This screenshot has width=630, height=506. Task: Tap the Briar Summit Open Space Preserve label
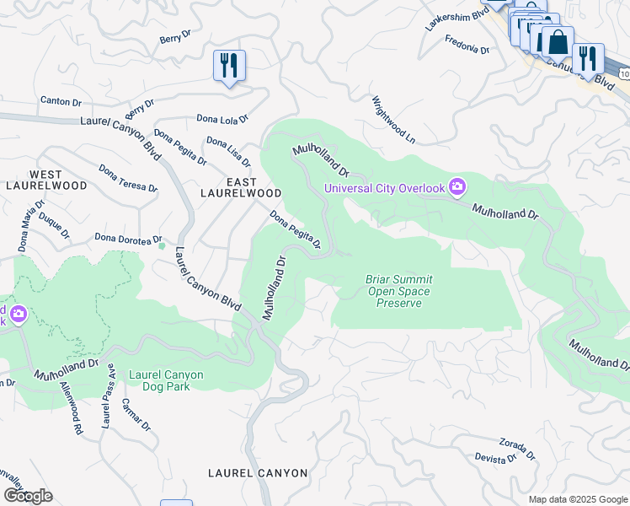click(398, 291)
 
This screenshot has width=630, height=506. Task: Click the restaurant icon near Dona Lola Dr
click(229, 66)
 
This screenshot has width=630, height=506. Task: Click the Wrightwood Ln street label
click(394, 118)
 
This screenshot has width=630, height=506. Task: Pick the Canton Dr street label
click(61, 102)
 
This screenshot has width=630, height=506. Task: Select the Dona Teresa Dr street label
click(127, 178)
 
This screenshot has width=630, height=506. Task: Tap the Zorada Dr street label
click(517, 448)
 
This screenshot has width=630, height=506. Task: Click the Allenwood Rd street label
click(71, 409)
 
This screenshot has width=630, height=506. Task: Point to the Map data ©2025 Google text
click(577, 499)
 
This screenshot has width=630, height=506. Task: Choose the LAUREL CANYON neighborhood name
click(258, 473)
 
